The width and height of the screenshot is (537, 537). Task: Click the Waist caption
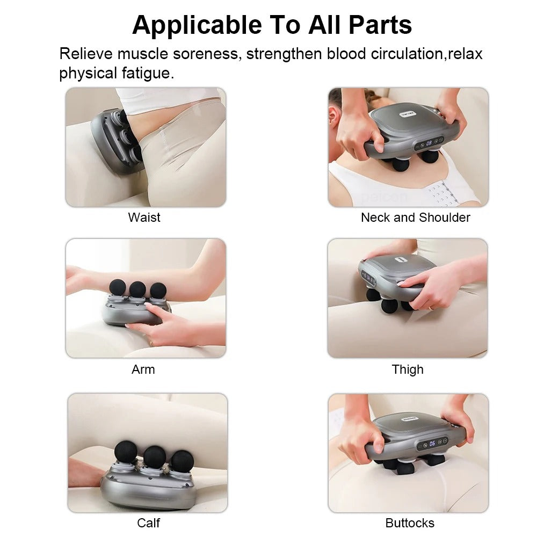(x=144, y=217)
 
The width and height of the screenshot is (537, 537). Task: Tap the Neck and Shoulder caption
(x=415, y=217)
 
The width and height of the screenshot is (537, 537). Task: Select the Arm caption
(x=143, y=369)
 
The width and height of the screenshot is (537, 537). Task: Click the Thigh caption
(x=408, y=369)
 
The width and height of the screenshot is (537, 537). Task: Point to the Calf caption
(x=148, y=523)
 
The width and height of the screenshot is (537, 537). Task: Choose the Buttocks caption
(x=410, y=523)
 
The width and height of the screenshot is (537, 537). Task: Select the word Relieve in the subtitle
(x=86, y=54)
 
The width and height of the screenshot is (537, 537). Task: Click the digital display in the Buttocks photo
(x=432, y=444)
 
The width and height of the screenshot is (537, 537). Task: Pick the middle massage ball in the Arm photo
(x=137, y=288)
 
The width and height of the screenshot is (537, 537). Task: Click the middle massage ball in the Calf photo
(x=154, y=456)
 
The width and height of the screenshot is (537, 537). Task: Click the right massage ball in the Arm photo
(x=158, y=290)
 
